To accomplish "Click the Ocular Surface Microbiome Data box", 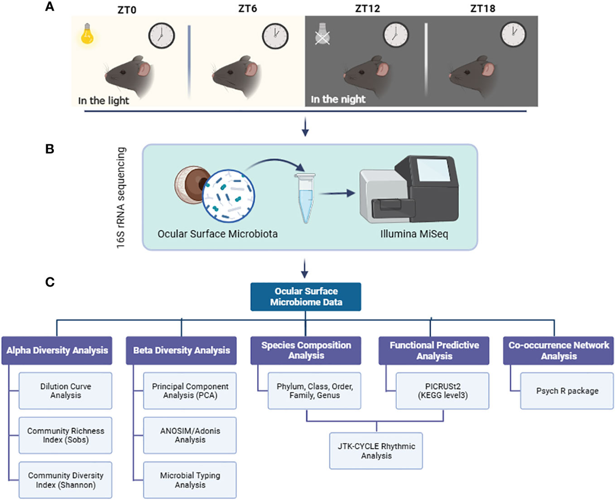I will pyautogui.click(x=305, y=296).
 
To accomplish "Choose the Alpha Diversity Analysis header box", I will pyautogui.click(x=57, y=350).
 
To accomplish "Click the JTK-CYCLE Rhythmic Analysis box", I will pyautogui.click(x=377, y=451).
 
